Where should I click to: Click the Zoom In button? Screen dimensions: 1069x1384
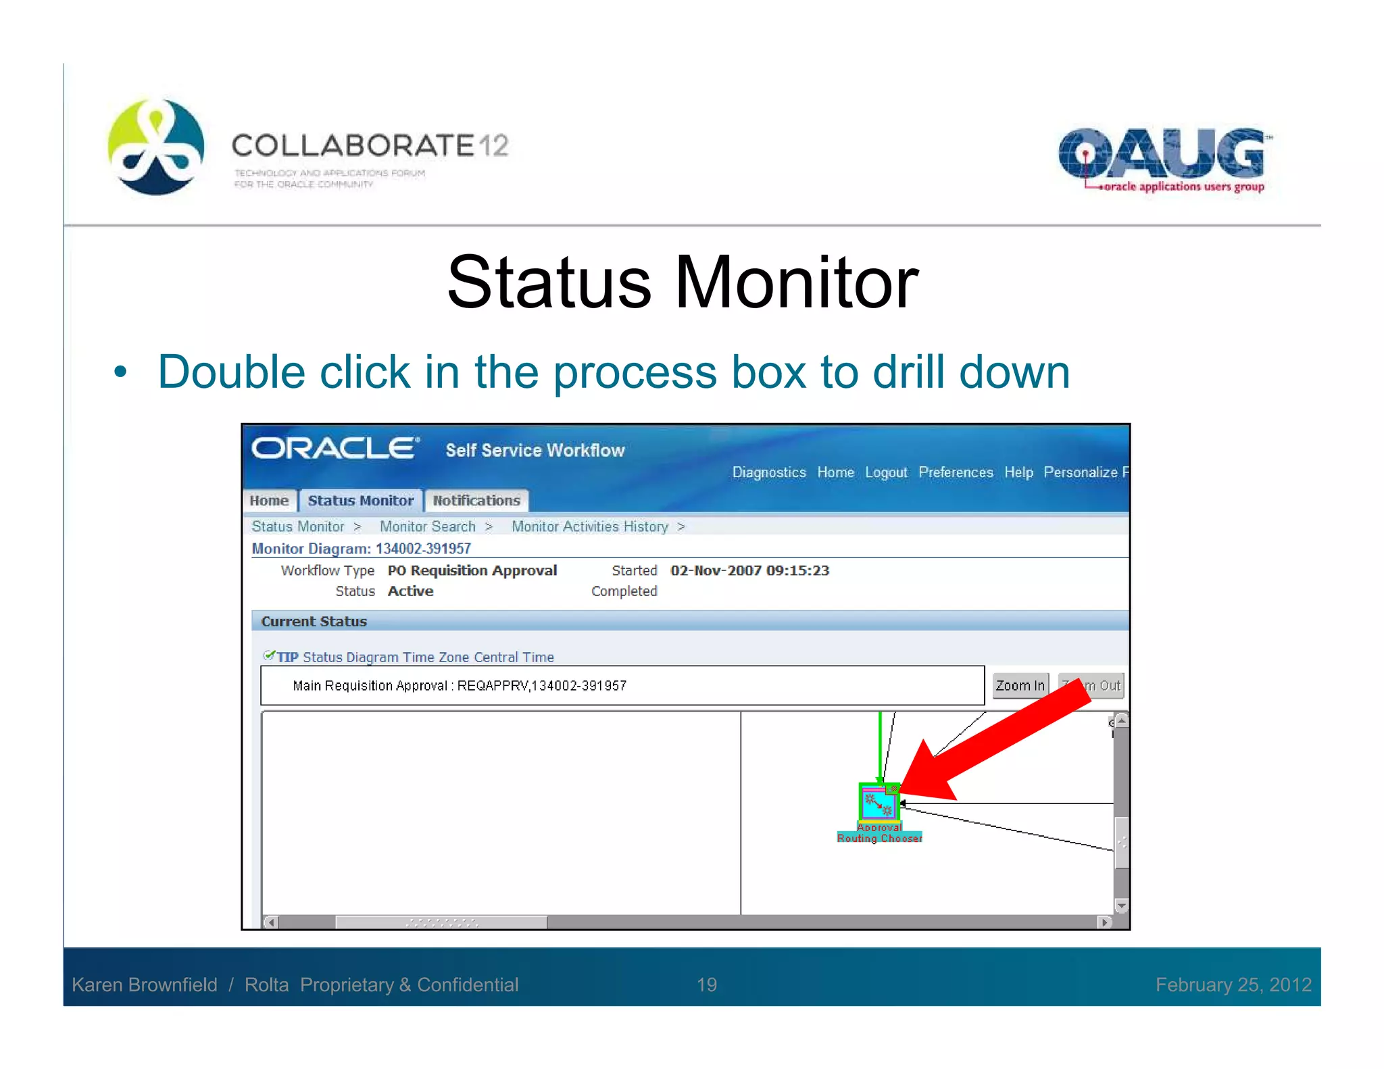1020,685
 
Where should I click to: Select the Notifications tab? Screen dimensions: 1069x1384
476,501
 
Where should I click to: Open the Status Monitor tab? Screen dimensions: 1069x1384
360,501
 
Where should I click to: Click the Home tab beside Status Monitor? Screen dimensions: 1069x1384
269,501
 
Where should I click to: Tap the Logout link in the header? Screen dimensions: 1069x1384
886,472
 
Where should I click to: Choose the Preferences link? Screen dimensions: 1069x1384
956,472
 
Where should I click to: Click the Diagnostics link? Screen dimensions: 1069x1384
769,472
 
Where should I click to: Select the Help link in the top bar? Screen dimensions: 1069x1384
1018,472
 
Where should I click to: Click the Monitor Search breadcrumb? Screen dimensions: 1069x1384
427,526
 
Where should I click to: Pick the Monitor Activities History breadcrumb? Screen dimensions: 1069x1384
589,526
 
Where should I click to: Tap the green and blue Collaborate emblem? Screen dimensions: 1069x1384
156,147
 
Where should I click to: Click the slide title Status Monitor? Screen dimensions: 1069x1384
683,282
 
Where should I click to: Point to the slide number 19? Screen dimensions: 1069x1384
706,985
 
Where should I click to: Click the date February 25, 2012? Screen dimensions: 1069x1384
1233,985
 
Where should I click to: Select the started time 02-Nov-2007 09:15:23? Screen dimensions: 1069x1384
749,570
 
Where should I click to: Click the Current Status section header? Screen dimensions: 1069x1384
314,621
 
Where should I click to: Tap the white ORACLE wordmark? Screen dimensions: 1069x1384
335,448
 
